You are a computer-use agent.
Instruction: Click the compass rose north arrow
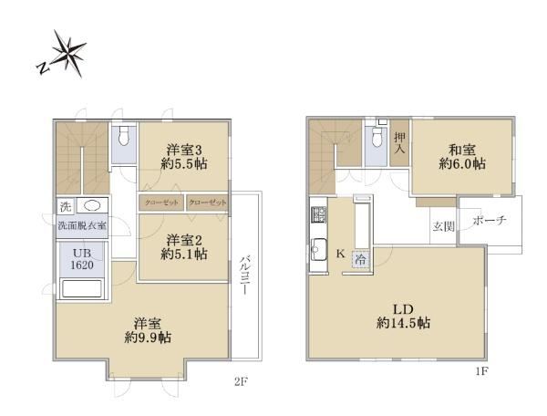(x=62, y=54)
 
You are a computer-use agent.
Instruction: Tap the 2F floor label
(x=241, y=382)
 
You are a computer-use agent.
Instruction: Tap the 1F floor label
(x=481, y=371)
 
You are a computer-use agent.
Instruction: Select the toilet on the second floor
(x=123, y=135)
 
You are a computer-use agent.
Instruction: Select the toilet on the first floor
(x=377, y=137)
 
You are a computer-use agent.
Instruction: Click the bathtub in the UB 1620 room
(x=82, y=288)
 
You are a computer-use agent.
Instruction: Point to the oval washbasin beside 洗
(x=92, y=206)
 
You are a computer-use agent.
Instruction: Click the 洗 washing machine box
(x=66, y=206)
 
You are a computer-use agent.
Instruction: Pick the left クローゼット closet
(x=161, y=203)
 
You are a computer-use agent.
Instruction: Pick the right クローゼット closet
(x=207, y=203)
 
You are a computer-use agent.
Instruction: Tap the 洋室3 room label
(x=184, y=151)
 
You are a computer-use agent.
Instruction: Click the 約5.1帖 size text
(x=184, y=255)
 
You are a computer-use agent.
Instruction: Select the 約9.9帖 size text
(x=148, y=338)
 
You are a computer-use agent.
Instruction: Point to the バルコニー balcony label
(x=246, y=275)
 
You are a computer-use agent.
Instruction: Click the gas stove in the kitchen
(x=319, y=214)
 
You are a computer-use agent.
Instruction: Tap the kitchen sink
(x=319, y=250)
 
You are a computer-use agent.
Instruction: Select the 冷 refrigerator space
(x=361, y=260)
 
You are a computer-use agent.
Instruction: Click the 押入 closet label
(x=400, y=143)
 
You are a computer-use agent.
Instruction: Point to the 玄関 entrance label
(x=443, y=226)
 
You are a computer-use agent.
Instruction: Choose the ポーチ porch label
(x=490, y=220)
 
